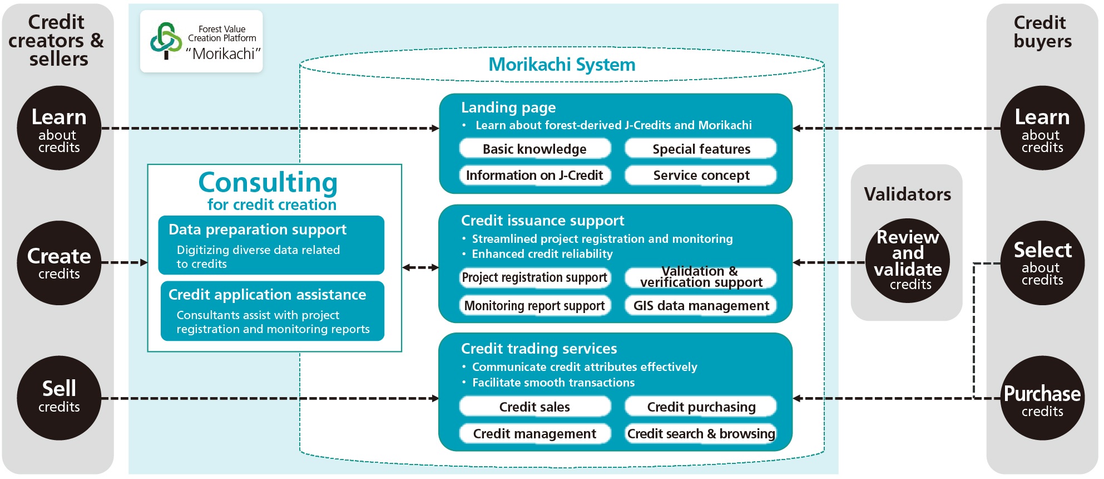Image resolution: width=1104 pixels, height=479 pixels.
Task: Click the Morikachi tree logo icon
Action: click(x=166, y=41)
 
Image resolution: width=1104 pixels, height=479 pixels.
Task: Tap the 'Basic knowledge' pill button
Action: click(x=534, y=149)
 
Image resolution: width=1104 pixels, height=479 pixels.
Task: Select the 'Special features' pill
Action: click(x=701, y=149)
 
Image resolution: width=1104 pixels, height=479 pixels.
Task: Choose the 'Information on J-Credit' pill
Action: click(x=534, y=175)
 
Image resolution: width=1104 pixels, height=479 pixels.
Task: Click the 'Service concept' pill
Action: click(x=701, y=175)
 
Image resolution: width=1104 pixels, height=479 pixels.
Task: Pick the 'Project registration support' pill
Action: click(x=534, y=277)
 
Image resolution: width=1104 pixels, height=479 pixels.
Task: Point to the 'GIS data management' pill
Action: click(x=701, y=306)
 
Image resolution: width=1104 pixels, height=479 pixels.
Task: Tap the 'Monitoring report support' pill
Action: click(x=534, y=306)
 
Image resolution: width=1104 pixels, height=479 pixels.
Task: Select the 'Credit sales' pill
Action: click(x=534, y=407)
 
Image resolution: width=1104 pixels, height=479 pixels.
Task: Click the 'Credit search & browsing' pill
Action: click(x=701, y=434)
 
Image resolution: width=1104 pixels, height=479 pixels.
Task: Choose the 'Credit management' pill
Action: click(x=534, y=434)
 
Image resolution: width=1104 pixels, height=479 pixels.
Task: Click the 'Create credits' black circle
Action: click(x=59, y=263)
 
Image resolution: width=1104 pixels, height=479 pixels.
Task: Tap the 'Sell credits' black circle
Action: click(x=59, y=398)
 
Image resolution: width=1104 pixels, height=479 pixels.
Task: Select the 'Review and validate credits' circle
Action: click(x=908, y=261)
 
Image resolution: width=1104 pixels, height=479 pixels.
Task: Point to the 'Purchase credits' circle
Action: click(x=1042, y=398)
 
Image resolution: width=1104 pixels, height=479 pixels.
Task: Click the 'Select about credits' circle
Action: click(x=1042, y=263)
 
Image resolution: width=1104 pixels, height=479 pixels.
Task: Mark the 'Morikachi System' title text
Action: click(x=562, y=65)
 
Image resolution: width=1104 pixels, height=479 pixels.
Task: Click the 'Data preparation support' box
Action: click(x=271, y=245)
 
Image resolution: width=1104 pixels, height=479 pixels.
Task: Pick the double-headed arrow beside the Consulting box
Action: click(x=420, y=267)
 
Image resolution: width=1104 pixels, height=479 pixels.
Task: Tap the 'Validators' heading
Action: click(x=907, y=194)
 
